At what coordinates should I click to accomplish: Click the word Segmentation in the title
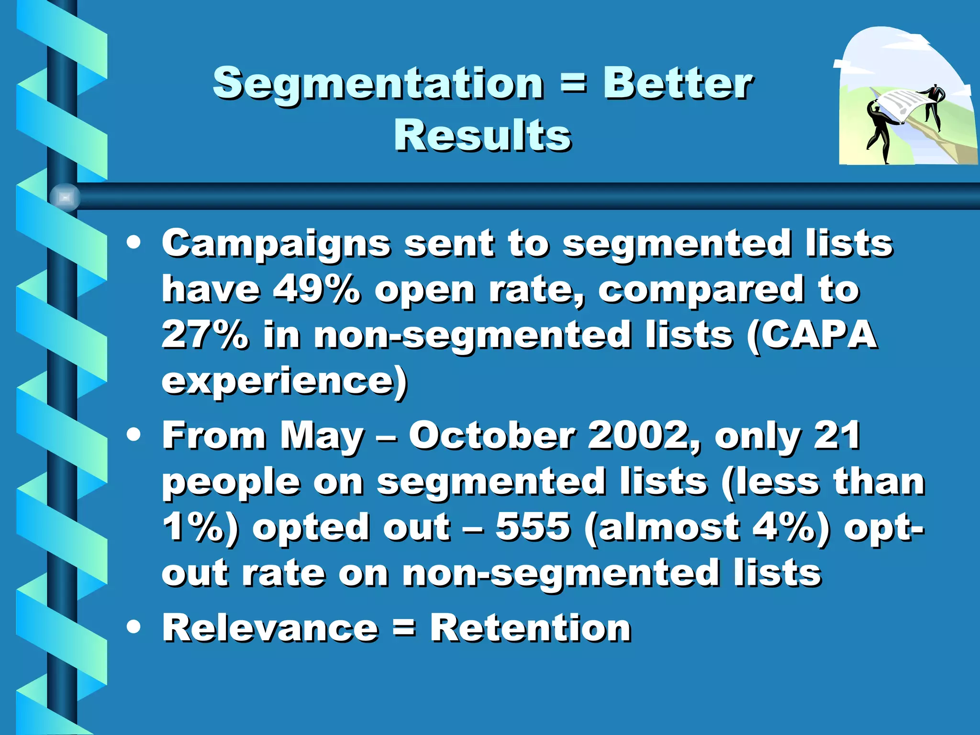click(x=378, y=84)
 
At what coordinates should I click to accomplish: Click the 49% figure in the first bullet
click(x=316, y=290)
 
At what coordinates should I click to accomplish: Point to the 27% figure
click(x=205, y=335)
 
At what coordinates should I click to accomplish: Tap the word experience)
click(x=284, y=381)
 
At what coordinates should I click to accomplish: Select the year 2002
click(x=644, y=436)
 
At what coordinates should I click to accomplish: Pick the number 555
click(x=533, y=527)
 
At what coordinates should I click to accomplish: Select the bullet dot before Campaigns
click(x=134, y=243)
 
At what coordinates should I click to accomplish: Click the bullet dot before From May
click(x=134, y=434)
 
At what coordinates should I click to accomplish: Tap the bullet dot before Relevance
click(x=134, y=626)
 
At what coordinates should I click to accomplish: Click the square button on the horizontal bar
click(x=65, y=197)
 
